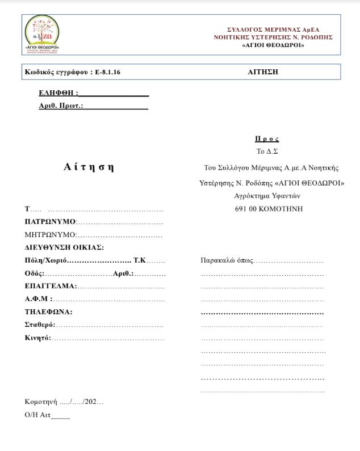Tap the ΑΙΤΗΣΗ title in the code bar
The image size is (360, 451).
point(263,72)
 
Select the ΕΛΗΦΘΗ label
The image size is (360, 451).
point(57,93)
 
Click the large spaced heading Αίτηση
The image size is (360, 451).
point(89,167)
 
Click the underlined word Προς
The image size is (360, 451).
point(267,139)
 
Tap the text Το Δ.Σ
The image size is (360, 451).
point(267,151)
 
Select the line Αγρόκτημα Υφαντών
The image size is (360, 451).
point(267,196)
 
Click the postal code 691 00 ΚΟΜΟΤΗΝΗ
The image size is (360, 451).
point(269,209)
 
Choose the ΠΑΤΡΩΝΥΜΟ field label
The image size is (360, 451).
point(50,221)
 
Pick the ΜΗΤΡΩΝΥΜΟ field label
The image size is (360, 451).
point(50,234)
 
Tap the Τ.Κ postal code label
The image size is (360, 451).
point(140,260)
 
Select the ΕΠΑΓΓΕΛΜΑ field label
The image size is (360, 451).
point(50,286)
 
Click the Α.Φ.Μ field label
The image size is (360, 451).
point(38,299)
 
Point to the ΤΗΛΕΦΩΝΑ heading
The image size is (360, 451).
point(48,312)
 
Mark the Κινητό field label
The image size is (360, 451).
point(37,338)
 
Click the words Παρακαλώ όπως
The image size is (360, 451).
point(227,260)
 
